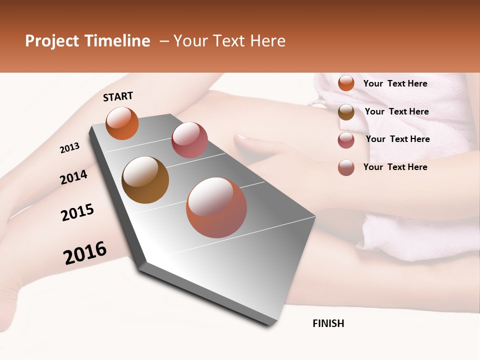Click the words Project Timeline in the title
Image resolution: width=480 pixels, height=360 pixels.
87,41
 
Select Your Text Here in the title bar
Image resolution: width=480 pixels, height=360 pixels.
229,41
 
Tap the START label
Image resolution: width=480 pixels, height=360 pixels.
118,96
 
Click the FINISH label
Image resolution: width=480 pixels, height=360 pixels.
328,323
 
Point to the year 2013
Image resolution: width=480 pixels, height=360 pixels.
70,147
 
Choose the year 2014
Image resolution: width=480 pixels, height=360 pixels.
73,177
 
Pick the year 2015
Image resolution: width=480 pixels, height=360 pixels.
77,212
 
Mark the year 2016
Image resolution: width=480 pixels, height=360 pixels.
85,253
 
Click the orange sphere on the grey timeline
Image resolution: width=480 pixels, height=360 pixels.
122,123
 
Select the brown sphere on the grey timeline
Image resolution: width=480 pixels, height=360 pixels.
145,180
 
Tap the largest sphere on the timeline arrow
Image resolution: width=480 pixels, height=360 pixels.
216,207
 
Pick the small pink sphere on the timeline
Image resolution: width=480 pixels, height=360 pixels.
189,140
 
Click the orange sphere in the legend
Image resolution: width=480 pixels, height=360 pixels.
346,83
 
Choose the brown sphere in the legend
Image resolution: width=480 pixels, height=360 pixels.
346,112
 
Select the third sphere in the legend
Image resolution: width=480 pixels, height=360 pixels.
346,140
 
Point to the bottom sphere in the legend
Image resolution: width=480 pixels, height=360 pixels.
346,167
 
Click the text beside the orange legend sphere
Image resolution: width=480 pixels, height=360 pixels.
395,83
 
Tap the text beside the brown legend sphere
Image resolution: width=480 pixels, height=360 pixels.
396,111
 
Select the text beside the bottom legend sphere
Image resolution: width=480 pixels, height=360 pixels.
395,167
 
